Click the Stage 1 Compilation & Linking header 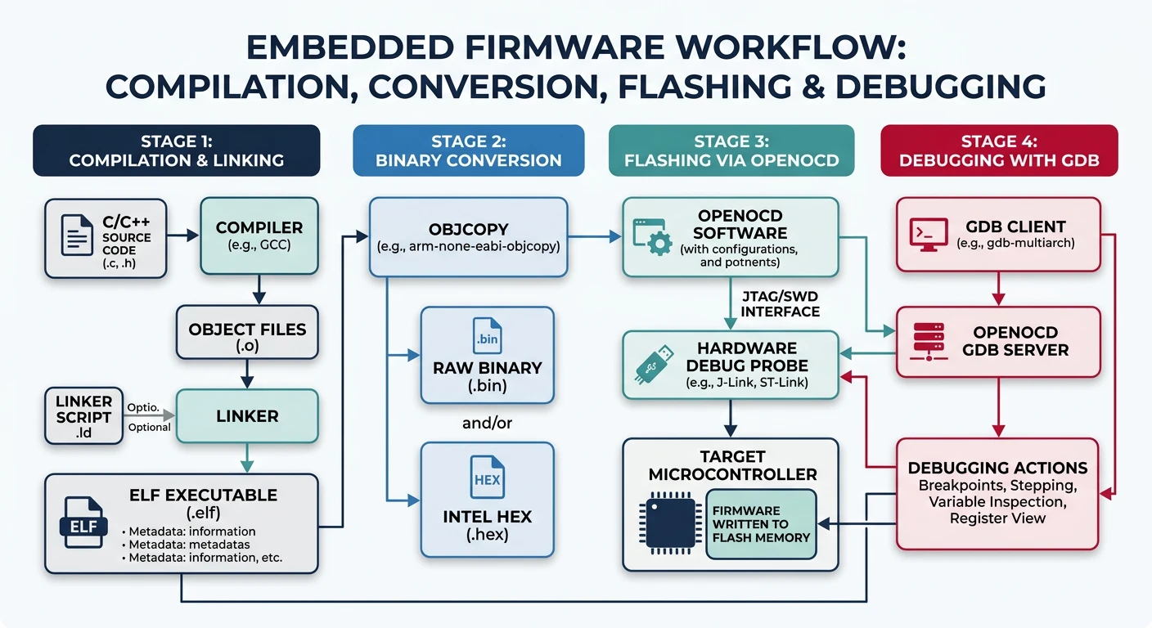176,150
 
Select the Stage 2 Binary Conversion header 468,150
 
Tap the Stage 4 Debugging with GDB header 998,150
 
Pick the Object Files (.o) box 247,337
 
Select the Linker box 247,416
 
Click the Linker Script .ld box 83,416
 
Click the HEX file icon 487,480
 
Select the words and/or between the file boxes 487,423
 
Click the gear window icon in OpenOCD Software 654,235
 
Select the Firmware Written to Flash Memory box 761,524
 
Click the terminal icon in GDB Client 928,234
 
